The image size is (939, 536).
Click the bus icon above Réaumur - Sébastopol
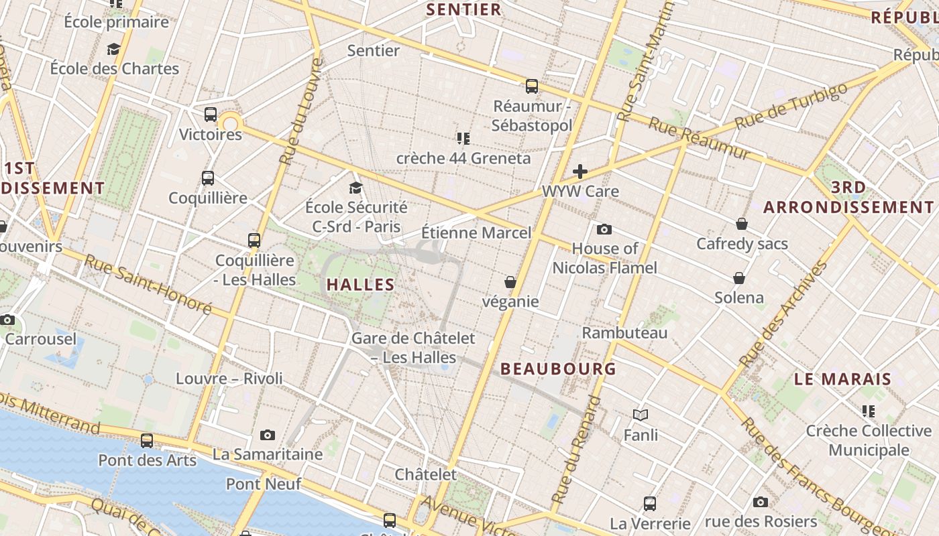pyautogui.click(x=532, y=86)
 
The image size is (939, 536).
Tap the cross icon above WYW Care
pyautogui.click(x=580, y=172)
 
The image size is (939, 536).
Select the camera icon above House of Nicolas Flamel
pyautogui.click(x=604, y=230)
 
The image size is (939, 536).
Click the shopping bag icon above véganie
pyautogui.click(x=510, y=282)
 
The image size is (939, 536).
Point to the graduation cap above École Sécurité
pyautogui.click(x=355, y=188)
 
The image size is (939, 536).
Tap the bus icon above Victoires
pyautogui.click(x=211, y=115)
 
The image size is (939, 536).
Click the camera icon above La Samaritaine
pyautogui.click(x=268, y=435)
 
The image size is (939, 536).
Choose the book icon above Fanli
pyautogui.click(x=641, y=415)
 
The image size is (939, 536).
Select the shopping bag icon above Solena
pyautogui.click(x=739, y=278)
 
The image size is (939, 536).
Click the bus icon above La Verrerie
pyautogui.click(x=649, y=504)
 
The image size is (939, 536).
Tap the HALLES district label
pyautogui.click(x=361, y=285)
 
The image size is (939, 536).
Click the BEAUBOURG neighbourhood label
pyautogui.click(x=558, y=369)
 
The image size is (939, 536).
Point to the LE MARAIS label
pyautogui.click(x=842, y=379)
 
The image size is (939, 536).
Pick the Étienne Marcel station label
pyautogui.click(x=476, y=233)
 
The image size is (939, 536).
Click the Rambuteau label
pyautogui.click(x=624, y=333)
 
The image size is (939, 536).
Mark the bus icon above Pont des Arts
pyautogui.click(x=147, y=441)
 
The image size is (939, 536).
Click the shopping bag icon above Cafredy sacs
pyautogui.click(x=742, y=224)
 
